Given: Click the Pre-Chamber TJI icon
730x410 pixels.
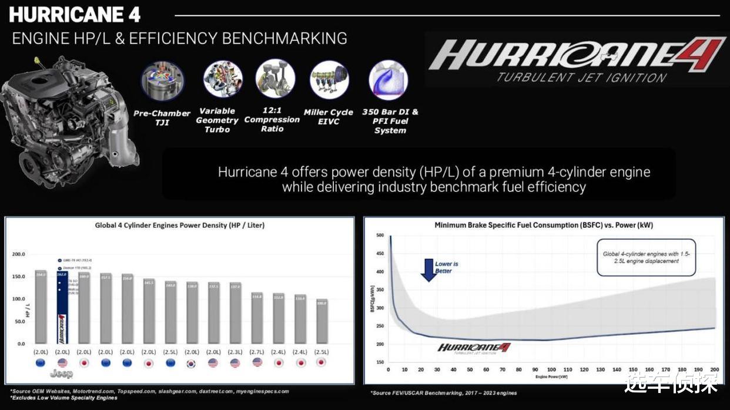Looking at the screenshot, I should point(162,81).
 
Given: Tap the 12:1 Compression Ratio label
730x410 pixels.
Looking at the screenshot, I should point(272,119).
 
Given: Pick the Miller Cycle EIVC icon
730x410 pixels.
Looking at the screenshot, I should point(329,80).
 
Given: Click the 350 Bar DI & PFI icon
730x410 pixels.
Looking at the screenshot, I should point(388,80).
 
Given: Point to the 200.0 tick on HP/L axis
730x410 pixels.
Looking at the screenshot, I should point(18,254).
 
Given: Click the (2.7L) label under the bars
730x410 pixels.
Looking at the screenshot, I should point(257,352).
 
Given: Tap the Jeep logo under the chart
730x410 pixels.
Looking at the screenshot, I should point(61,374).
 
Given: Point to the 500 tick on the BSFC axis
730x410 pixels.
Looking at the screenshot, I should point(380,236).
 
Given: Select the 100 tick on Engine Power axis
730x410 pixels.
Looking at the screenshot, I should point(551,370).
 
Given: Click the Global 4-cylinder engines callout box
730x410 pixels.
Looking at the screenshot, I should point(646,257).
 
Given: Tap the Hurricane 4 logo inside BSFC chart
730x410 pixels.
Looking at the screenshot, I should point(474,348).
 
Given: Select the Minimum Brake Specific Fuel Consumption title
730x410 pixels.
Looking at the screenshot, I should point(544,225).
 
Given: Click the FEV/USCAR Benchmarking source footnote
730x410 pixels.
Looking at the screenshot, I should point(444,393).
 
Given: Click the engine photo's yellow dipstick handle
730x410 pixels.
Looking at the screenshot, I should point(37,61).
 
